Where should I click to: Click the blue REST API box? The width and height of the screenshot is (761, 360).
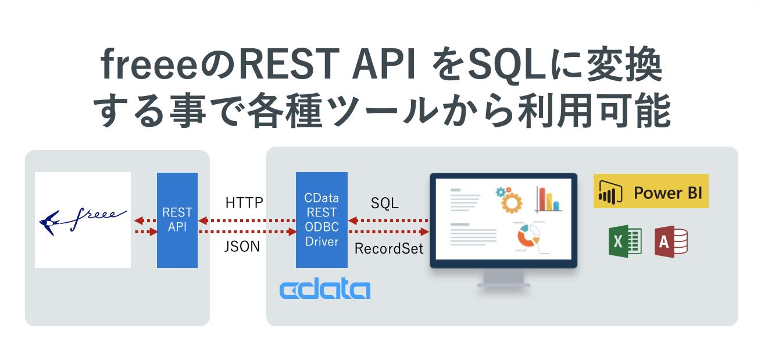click(177, 220)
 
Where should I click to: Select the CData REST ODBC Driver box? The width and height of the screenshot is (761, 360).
click(321, 220)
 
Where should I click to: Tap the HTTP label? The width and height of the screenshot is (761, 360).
click(244, 203)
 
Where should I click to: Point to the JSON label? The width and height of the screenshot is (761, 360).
click(242, 247)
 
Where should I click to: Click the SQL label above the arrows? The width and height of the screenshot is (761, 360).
click(385, 203)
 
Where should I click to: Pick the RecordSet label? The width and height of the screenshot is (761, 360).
click(389, 249)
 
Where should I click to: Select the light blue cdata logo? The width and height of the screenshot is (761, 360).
click(324, 289)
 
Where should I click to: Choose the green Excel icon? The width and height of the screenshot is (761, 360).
click(625, 241)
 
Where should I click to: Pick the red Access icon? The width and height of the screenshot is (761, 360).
click(671, 241)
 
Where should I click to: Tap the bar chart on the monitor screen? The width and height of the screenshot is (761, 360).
click(548, 199)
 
